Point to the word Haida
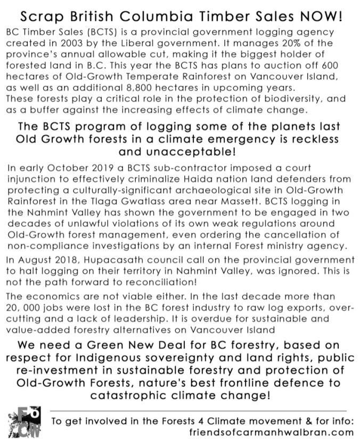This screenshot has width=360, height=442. click(x=219, y=179)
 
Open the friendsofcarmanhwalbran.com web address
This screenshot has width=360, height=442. click(x=271, y=432)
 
